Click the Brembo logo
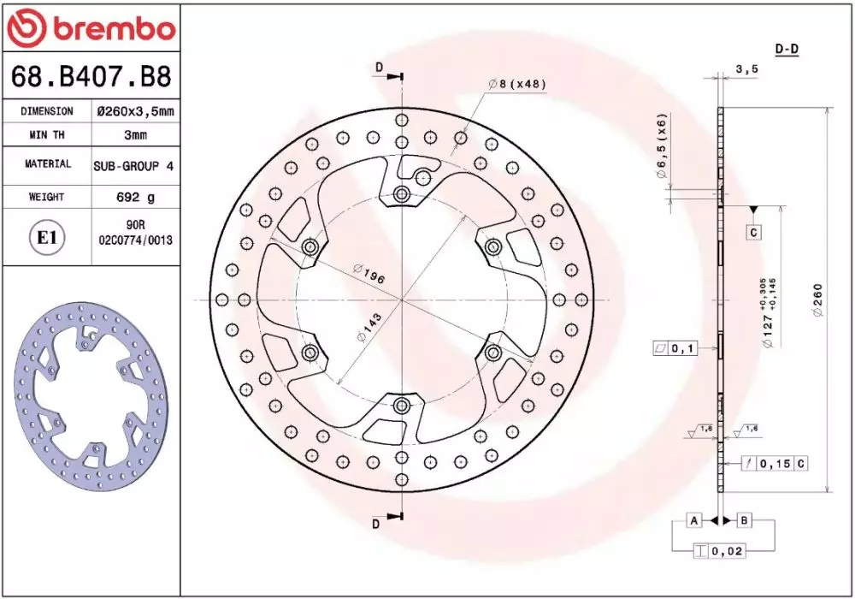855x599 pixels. (91, 27)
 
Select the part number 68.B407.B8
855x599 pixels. (91, 76)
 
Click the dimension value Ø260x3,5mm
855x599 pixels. (135, 111)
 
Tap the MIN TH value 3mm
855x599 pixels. (135, 134)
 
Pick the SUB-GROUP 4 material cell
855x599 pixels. (133, 166)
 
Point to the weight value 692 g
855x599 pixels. (135, 197)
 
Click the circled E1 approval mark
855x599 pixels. (46, 238)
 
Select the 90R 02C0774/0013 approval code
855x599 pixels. (135, 233)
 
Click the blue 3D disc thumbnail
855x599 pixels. (90, 396)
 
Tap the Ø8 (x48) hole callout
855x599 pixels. (517, 84)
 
